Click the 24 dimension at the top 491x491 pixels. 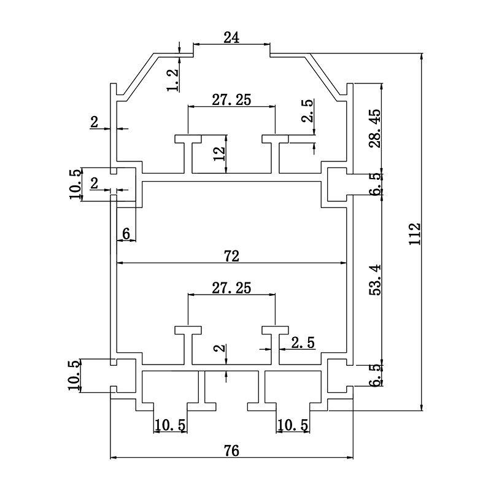pyautogui.click(x=231, y=38)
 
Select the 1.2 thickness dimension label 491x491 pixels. pyautogui.click(x=173, y=80)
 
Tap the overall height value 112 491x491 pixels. pyautogui.click(x=415, y=234)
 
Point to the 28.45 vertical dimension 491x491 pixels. pyautogui.click(x=375, y=128)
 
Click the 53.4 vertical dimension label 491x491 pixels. pyautogui.click(x=375, y=280)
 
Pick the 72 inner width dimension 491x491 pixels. pyautogui.click(x=232, y=256)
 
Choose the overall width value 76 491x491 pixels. pyautogui.click(x=232, y=450)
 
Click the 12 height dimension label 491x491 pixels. pyautogui.click(x=219, y=153)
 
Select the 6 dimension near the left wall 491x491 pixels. pyautogui.click(x=126, y=233)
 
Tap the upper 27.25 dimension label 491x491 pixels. pyautogui.click(x=231, y=100)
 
